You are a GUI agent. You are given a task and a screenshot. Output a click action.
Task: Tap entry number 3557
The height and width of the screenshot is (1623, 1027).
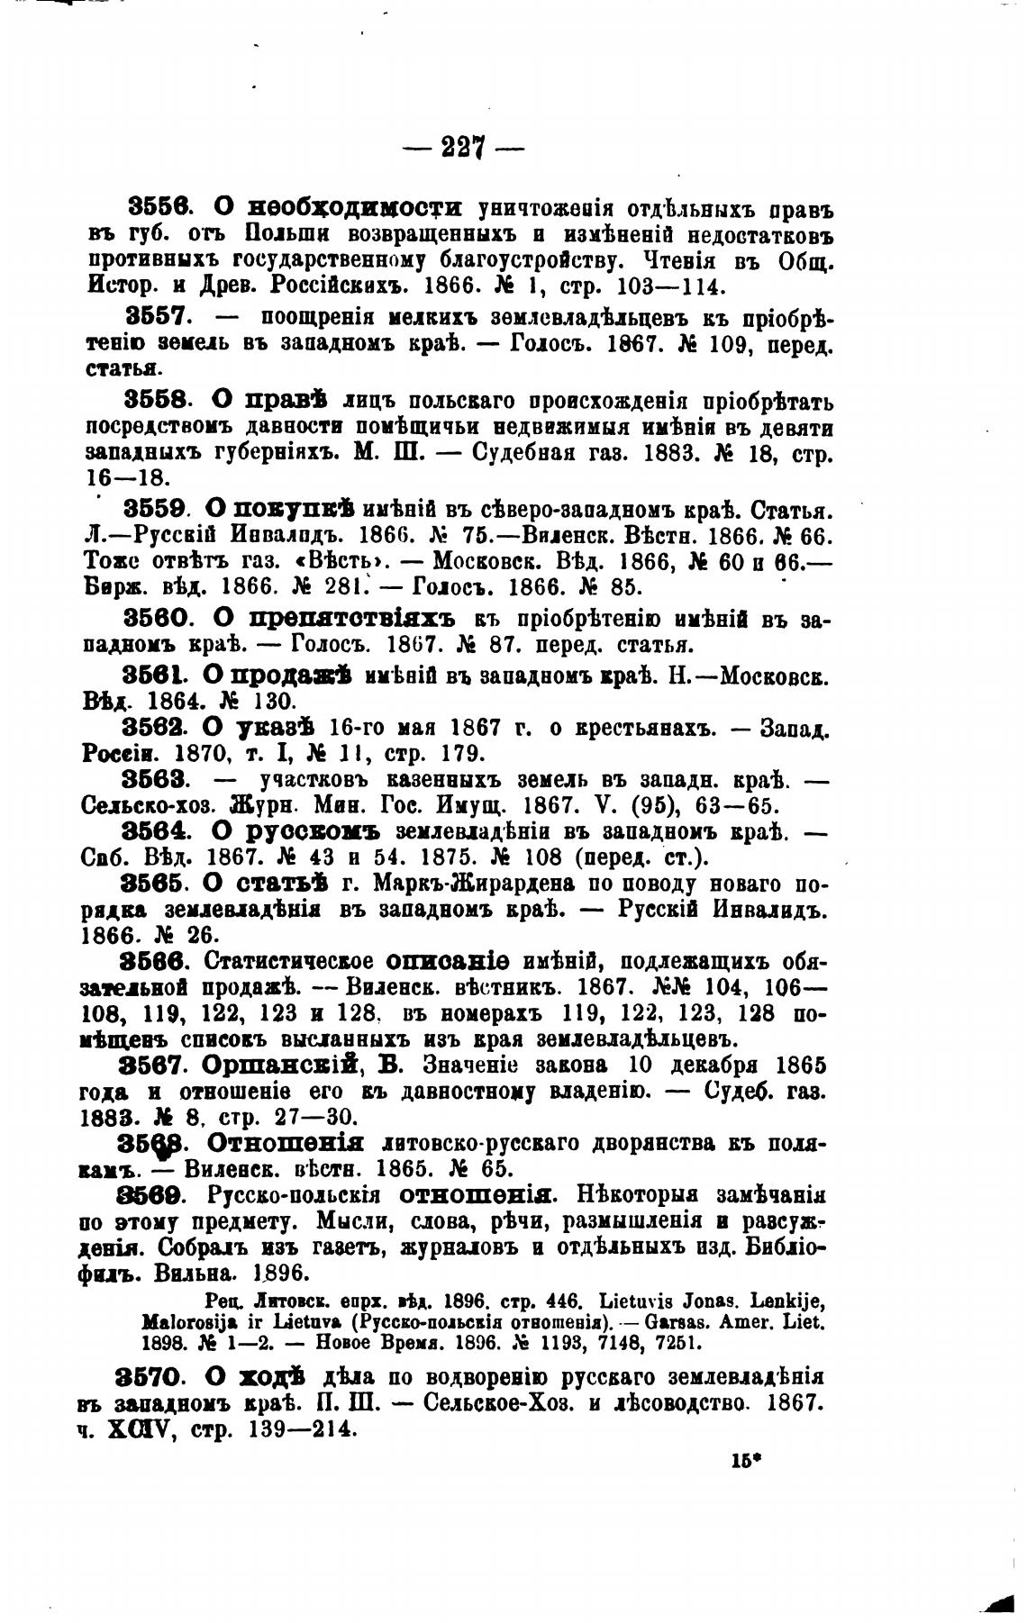[155, 317]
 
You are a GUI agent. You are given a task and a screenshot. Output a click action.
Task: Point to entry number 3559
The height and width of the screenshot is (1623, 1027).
[154, 509]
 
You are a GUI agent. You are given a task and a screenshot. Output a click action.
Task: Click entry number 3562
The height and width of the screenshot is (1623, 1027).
[153, 728]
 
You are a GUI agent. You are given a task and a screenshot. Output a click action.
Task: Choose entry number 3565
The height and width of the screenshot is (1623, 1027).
[153, 883]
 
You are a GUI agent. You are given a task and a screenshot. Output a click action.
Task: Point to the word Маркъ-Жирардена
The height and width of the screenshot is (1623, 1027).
[441, 884]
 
